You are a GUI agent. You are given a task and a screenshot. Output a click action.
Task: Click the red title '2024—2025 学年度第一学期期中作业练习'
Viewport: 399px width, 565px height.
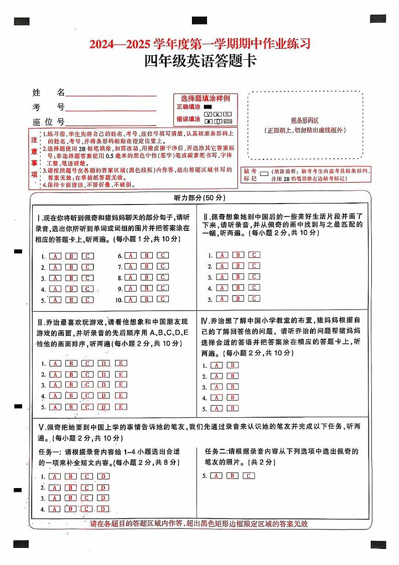click(x=200, y=44)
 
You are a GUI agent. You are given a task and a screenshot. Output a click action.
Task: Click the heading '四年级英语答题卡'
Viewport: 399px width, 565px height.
click(x=200, y=62)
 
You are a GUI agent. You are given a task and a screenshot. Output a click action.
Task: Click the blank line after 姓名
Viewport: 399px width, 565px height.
click(x=111, y=93)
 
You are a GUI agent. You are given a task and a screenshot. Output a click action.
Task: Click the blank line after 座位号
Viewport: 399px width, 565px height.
click(x=111, y=123)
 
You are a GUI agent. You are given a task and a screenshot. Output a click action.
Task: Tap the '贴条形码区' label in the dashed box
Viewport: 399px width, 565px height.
click(x=305, y=121)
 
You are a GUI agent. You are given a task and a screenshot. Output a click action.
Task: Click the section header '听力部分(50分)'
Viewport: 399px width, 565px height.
click(x=199, y=198)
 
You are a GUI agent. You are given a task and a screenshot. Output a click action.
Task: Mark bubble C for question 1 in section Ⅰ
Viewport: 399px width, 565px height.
click(x=88, y=256)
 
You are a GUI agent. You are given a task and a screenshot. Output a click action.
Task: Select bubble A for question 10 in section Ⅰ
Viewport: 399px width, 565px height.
click(x=131, y=300)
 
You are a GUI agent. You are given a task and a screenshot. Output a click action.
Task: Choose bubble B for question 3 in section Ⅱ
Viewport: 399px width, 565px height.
click(x=238, y=276)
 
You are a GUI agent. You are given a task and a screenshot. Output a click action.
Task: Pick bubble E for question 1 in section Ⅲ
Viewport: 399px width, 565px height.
click(x=121, y=363)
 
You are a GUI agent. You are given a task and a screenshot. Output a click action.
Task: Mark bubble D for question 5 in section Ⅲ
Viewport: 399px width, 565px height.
click(x=105, y=407)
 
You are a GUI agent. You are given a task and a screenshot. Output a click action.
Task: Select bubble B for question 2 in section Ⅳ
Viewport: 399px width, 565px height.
click(x=233, y=376)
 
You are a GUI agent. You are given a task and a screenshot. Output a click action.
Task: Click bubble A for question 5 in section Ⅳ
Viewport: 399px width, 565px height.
click(x=217, y=409)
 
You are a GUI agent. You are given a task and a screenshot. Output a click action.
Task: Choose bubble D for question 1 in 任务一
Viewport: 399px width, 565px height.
click(x=104, y=476)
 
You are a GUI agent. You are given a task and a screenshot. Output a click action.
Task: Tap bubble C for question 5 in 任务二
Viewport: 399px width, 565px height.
click(x=249, y=476)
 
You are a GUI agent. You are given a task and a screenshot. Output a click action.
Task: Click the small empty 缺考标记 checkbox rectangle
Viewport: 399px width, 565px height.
click(x=263, y=171)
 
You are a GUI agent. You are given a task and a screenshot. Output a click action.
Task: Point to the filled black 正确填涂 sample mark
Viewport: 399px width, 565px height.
click(x=208, y=107)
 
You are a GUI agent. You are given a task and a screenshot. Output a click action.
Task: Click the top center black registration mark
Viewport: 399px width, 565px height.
click(x=199, y=21)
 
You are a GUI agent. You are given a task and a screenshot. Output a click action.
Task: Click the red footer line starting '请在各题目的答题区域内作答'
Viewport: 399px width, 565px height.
click(x=198, y=524)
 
